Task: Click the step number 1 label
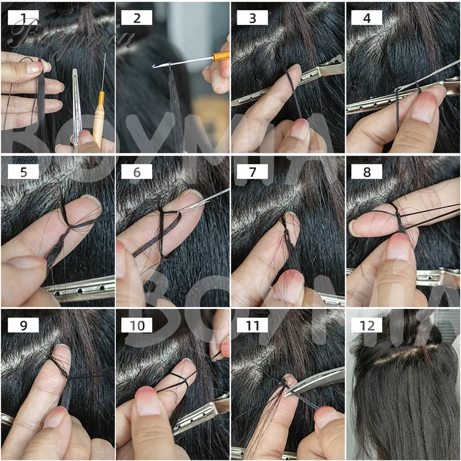(23, 18)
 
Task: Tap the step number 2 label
(137, 18)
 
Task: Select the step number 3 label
(252, 18)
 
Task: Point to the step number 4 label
(367, 18)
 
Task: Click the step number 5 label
(23, 171)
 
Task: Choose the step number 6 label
(137, 171)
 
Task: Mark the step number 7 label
(252, 171)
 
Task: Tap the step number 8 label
(367, 171)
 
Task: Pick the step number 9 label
(23, 325)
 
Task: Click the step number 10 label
(137, 325)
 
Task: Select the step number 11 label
(252, 325)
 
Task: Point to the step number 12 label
(367, 325)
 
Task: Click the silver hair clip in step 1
(75, 109)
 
